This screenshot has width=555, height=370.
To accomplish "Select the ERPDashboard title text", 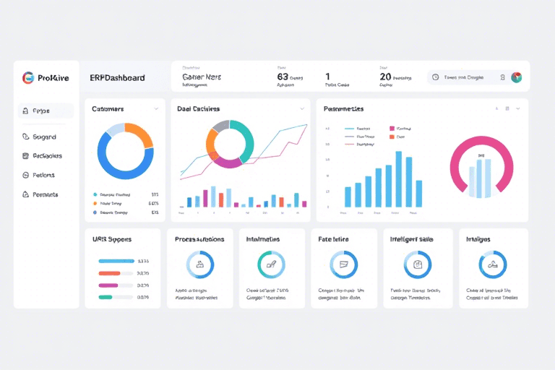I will coord(117,77).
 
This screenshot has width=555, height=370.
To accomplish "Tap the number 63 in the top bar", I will coord(283,76).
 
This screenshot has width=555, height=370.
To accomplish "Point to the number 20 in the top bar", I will coord(385,76).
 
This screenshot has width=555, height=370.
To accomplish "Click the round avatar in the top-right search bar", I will coord(516,77).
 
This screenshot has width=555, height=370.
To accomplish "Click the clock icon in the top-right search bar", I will coord(435,77).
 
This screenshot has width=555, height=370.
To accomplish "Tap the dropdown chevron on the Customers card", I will coord(156,109).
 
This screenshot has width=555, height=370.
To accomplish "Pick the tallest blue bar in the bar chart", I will coord(398,178).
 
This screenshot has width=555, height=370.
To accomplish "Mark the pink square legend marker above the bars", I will coord(392,128).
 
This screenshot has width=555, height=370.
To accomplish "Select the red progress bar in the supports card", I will coord(109,273).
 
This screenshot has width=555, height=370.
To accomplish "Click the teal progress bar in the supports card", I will coord(106,297).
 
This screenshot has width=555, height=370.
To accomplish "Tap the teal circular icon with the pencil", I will coord(271,264).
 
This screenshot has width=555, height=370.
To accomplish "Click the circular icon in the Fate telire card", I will coord(343,264).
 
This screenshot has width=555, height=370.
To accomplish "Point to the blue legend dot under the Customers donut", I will coord(95,213).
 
